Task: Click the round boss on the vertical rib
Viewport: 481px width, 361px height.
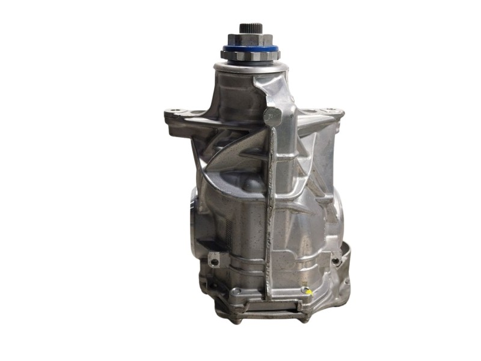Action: pyautogui.click(x=272, y=117)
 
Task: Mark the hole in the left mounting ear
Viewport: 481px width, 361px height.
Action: pyautogui.click(x=174, y=112)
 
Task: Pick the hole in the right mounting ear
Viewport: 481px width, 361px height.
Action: pyautogui.click(x=331, y=113)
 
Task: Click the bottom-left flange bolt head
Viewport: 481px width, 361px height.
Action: pyautogui.click(x=237, y=291)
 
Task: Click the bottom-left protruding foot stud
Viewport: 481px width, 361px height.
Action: pyautogui.click(x=237, y=319)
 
